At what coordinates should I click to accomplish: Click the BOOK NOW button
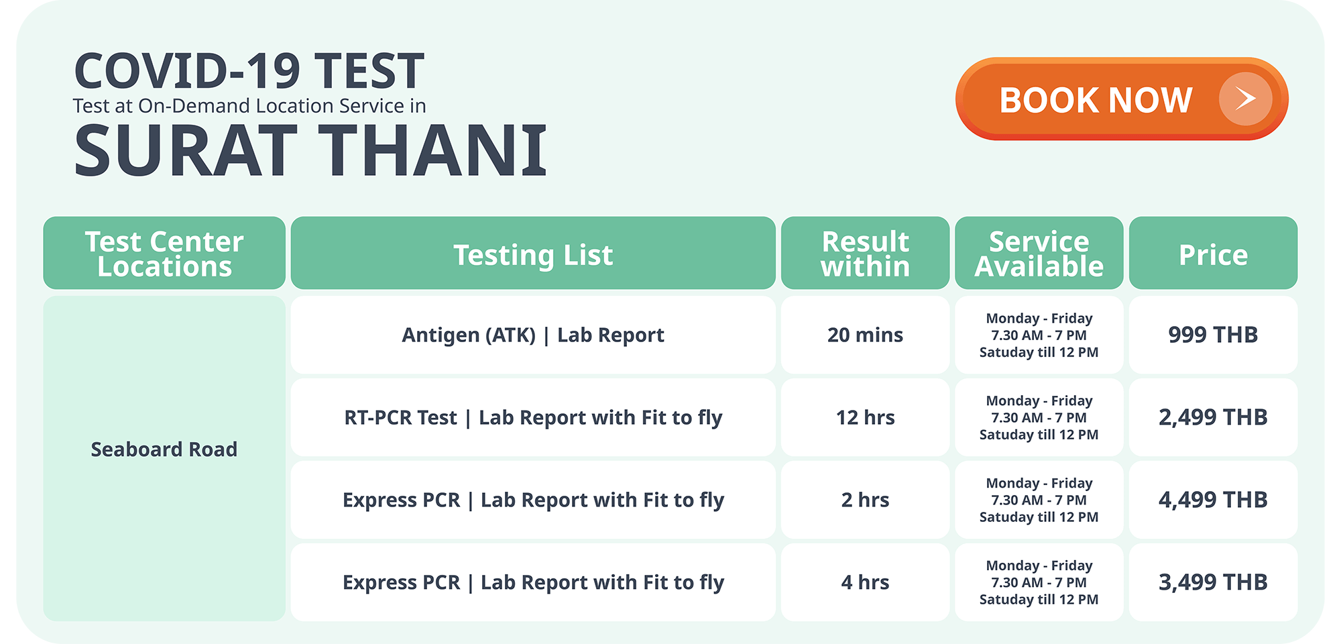coord(1122,99)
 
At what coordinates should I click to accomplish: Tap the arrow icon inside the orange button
coord(1246,99)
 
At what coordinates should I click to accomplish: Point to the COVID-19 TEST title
coord(249,71)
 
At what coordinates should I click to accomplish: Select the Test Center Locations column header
coord(164,253)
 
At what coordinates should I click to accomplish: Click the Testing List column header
coord(533,253)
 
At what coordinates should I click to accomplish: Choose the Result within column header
coord(865,253)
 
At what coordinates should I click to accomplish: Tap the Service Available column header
coord(1039,253)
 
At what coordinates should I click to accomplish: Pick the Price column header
coord(1213,253)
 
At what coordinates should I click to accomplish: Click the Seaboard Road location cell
coord(164,458)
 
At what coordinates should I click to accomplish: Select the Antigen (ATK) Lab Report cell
coord(533,335)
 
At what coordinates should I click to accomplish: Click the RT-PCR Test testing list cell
coord(533,417)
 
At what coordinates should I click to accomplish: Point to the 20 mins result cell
coord(865,335)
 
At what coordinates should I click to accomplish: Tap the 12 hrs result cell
coord(865,417)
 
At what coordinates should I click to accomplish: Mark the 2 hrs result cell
coord(865,500)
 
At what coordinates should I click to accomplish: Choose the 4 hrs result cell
coord(865,582)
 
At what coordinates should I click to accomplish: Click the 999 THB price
coord(1213,335)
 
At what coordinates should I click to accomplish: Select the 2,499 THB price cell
coord(1213,417)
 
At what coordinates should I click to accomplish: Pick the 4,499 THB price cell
coord(1213,500)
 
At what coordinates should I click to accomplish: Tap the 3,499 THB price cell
coord(1213,582)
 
